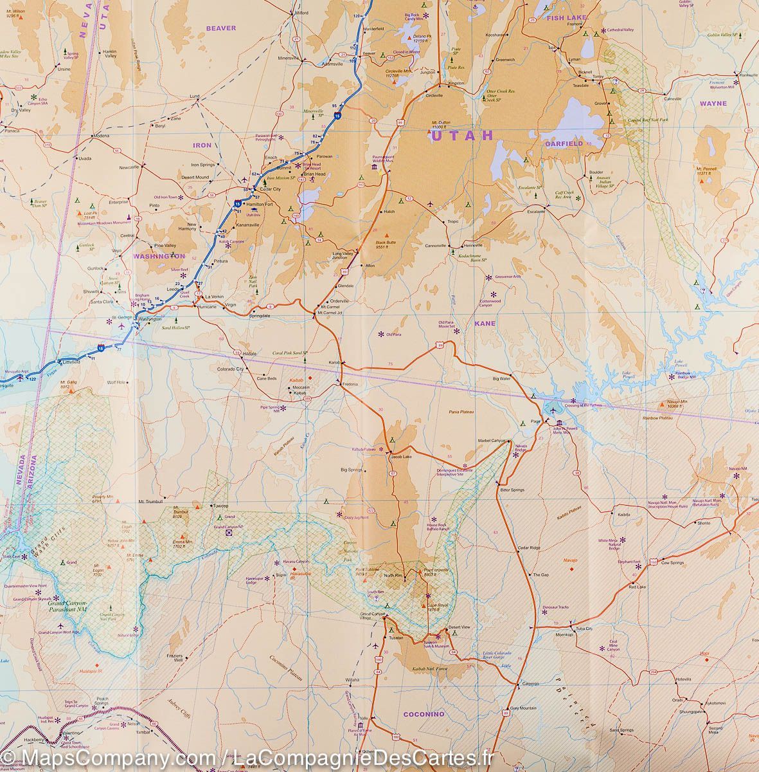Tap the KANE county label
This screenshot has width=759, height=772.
click(x=485, y=324)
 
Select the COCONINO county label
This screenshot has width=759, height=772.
click(x=424, y=714)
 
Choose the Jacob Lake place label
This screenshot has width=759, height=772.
click(x=400, y=456)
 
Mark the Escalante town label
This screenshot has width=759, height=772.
click(x=536, y=211)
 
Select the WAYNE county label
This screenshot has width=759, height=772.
click(x=713, y=103)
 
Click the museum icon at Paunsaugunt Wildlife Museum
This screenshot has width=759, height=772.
click(x=374, y=168)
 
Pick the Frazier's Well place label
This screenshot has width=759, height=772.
click(x=174, y=657)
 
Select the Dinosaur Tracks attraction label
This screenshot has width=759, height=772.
click(x=555, y=607)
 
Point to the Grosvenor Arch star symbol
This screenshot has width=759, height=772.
click(x=488, y=277)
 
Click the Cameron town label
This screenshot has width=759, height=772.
click(x=530, y=684)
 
